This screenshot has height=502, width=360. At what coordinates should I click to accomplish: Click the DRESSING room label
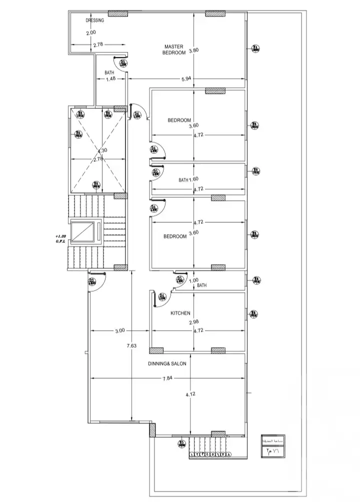(94, 20)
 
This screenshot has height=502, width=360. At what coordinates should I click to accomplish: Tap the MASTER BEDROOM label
(175, 49)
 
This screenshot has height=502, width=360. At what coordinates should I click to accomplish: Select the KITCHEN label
(180, 313)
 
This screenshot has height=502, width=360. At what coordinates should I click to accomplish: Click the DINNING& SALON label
(167, 364)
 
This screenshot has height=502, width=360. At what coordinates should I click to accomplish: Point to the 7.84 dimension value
(167, 379)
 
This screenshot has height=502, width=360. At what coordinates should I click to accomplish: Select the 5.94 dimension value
(186, 78)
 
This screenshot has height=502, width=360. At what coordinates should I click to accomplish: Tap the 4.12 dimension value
(190, 395)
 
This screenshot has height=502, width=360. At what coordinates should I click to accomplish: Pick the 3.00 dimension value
(119, 330)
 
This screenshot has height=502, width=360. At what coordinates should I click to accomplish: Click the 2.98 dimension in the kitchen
(193, 322)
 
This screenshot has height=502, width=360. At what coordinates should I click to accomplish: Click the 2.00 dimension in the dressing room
(90, 33)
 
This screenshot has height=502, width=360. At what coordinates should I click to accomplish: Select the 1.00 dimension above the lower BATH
(193, 280)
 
